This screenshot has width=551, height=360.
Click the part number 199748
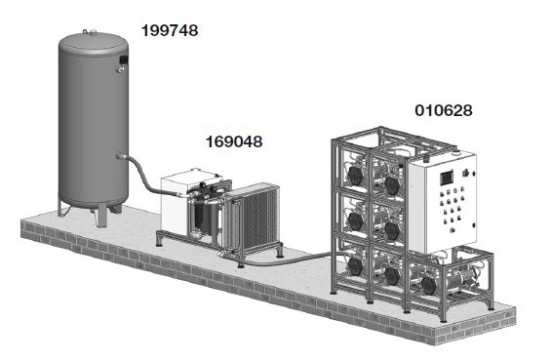(x=170, y=30)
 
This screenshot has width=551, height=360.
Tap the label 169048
(x=234, y=141)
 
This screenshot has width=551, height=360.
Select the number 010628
(x=444, y=110)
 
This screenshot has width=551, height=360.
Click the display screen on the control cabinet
(x=447, y=178)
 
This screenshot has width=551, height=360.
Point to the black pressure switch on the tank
(x=123, y=60)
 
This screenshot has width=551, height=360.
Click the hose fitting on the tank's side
(x=122, y=156)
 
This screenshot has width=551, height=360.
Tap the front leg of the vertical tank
(x=101, y=216)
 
